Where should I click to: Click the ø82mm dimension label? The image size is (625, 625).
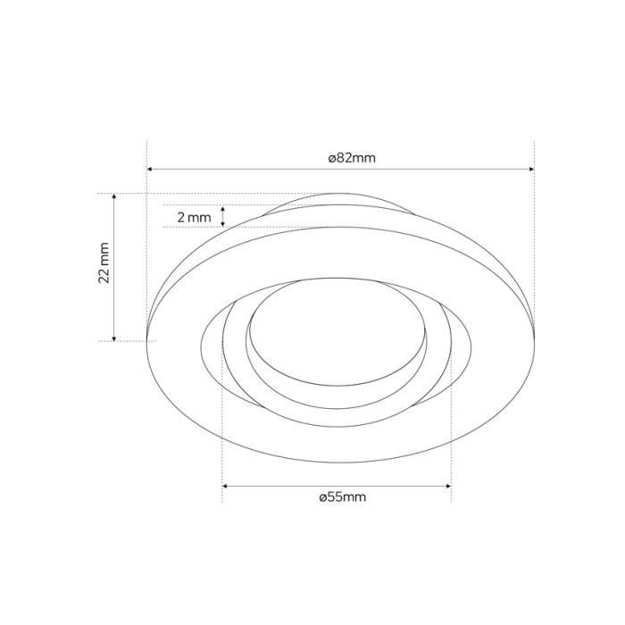352,158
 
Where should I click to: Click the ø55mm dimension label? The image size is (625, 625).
342,497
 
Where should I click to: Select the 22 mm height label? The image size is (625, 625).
104,262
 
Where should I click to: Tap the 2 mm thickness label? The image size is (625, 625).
194,218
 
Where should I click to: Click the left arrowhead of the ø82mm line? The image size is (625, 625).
150,170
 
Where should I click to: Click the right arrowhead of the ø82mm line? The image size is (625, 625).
531,170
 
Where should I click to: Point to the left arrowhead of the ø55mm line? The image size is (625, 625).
225,487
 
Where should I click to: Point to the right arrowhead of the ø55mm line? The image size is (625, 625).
448,487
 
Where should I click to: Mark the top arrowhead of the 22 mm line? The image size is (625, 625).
114,196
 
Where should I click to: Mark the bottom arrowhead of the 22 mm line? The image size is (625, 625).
114,338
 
